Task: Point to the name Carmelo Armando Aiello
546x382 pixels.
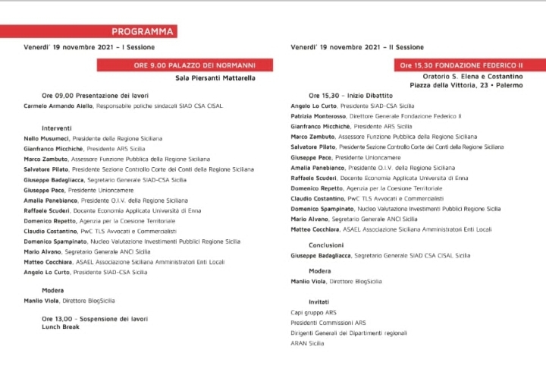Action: coord(52,106)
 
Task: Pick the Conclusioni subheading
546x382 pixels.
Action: coord(327,245)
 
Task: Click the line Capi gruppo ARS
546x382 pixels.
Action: coord(314,312)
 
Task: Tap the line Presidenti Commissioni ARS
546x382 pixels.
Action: coord(328,322)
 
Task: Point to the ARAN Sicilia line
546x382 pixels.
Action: coord(307,343)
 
